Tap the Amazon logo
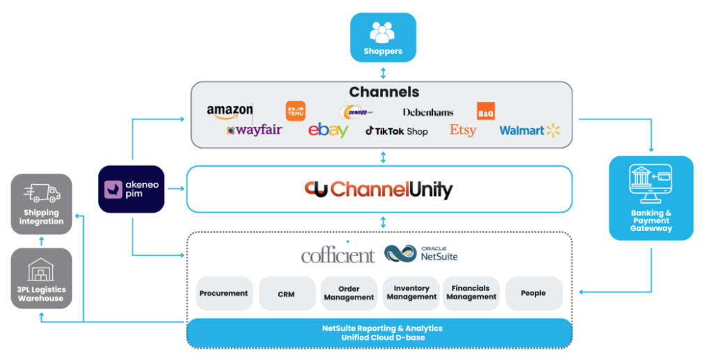(230, 111)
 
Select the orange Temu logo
(296, 111)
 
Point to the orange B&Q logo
(485, 111)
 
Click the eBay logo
(328, 130)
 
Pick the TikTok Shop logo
(396, 130)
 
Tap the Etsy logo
(463, 130)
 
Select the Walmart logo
(529, 130)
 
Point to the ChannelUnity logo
(379, 189)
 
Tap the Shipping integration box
(42, 204)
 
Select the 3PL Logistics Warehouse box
(42, 278)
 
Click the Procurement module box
(223, 294)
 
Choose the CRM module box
(286, 294)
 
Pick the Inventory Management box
(411, 293)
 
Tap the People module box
(533, 293)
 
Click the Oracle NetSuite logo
(421, 253)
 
